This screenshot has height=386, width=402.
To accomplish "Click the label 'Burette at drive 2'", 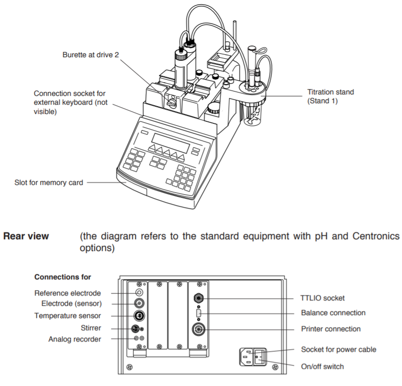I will (90, 54).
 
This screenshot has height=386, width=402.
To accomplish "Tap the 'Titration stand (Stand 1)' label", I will (330, 96).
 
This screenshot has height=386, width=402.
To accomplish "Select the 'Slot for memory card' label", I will (49, 183).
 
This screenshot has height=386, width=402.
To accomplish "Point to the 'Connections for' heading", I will (63, 277).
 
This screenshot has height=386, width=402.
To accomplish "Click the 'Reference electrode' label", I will (67, 293).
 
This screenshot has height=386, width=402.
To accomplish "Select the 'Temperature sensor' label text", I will (67, 316).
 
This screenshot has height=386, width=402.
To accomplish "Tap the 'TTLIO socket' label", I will (322, 297).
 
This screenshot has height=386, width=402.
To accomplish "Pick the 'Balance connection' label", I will (333, 313).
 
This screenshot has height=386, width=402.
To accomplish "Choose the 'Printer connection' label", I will (331, 329).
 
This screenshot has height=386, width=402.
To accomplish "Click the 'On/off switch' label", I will (322, 366).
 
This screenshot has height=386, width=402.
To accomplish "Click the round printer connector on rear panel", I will (199, 328).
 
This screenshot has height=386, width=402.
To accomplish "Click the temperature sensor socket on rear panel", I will (138, 315).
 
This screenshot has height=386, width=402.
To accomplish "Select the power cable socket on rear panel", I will (246, 357).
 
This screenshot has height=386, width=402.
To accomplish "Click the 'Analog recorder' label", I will (74, 339).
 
